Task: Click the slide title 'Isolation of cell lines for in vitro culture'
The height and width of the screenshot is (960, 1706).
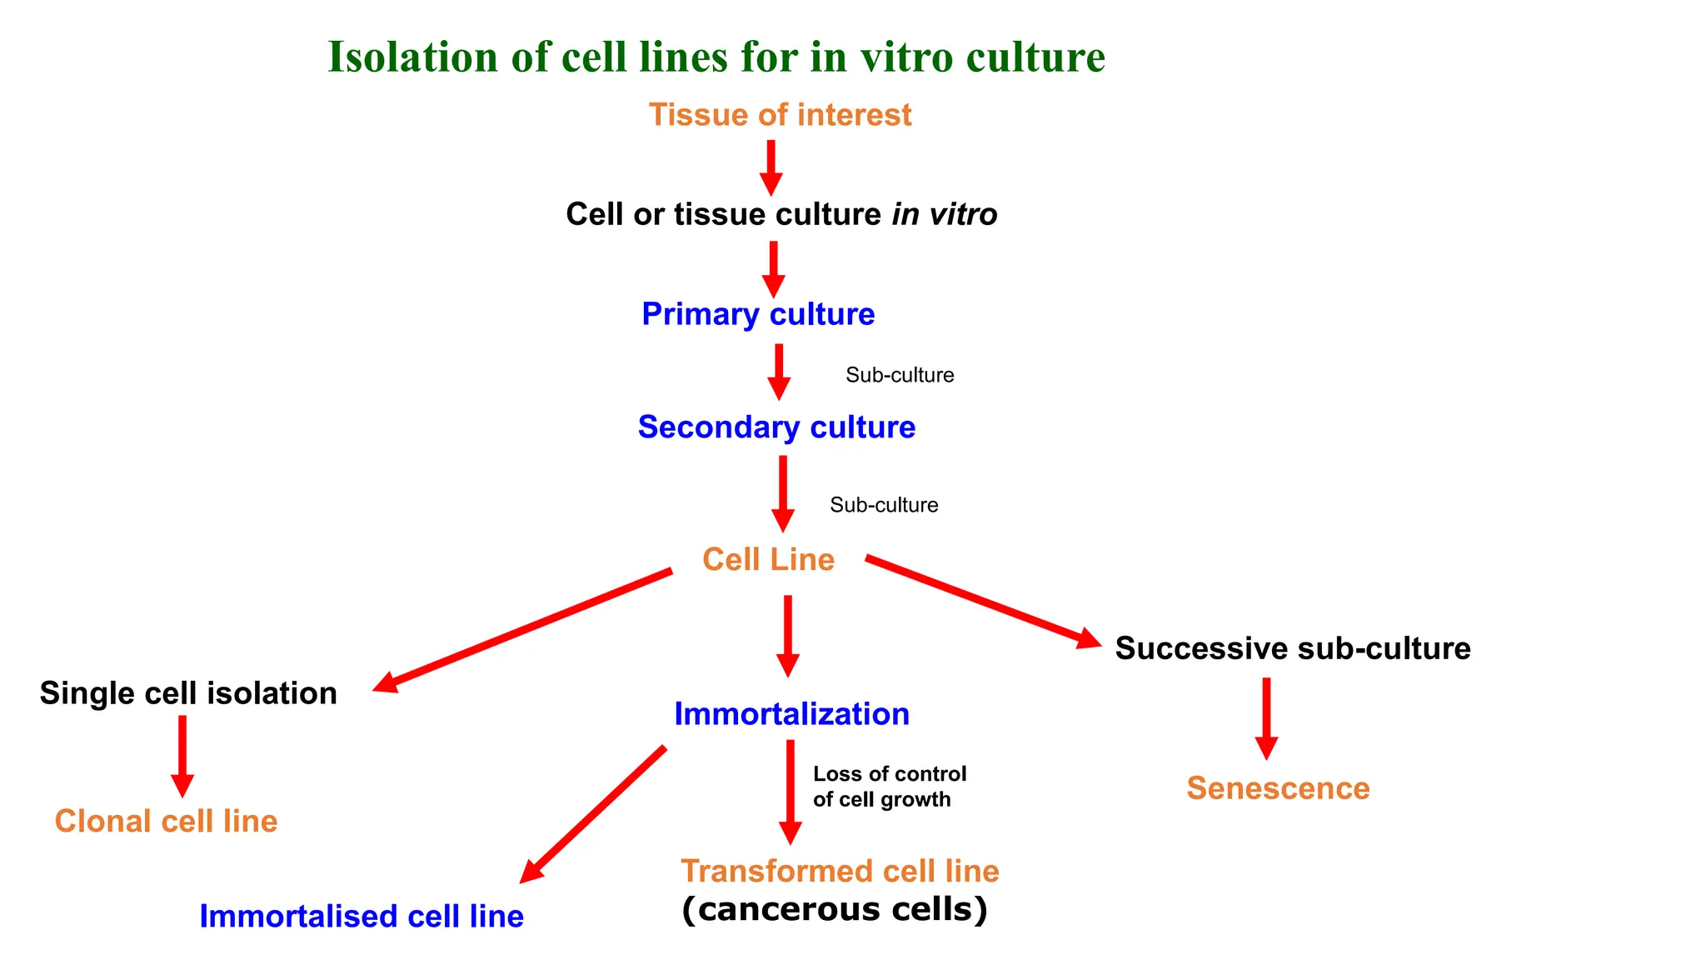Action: point(716,57)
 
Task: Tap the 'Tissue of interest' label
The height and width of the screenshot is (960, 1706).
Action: point(780,115)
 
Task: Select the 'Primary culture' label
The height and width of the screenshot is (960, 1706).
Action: point(758,314)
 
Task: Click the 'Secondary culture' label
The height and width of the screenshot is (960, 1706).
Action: point(776,427)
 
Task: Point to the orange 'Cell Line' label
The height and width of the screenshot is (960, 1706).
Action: point(768,559)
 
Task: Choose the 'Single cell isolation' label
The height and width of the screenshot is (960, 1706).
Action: point(188,693)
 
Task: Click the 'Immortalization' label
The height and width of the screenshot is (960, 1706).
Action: point(791,714)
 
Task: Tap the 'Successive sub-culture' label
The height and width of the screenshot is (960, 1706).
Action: point(1293,648)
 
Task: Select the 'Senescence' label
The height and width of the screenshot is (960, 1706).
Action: point(1278,788)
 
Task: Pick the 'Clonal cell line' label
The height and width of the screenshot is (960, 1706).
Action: point(166,822)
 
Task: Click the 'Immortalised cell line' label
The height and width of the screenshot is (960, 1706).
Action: point(362,917)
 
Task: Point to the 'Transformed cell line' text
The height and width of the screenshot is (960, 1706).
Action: point(840,872)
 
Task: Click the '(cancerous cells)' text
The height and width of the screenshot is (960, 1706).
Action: point(835,909)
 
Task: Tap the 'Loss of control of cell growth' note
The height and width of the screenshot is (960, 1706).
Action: point(889,787)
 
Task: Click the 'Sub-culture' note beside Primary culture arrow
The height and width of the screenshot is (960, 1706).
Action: point(900,375)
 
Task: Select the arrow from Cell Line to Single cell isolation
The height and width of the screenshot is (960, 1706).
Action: point(523,630)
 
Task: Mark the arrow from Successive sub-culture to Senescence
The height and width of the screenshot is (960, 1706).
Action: point(1266,717)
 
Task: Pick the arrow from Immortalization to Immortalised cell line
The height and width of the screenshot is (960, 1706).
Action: point(593,814)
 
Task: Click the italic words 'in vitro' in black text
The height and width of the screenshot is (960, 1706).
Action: point(945,215)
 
